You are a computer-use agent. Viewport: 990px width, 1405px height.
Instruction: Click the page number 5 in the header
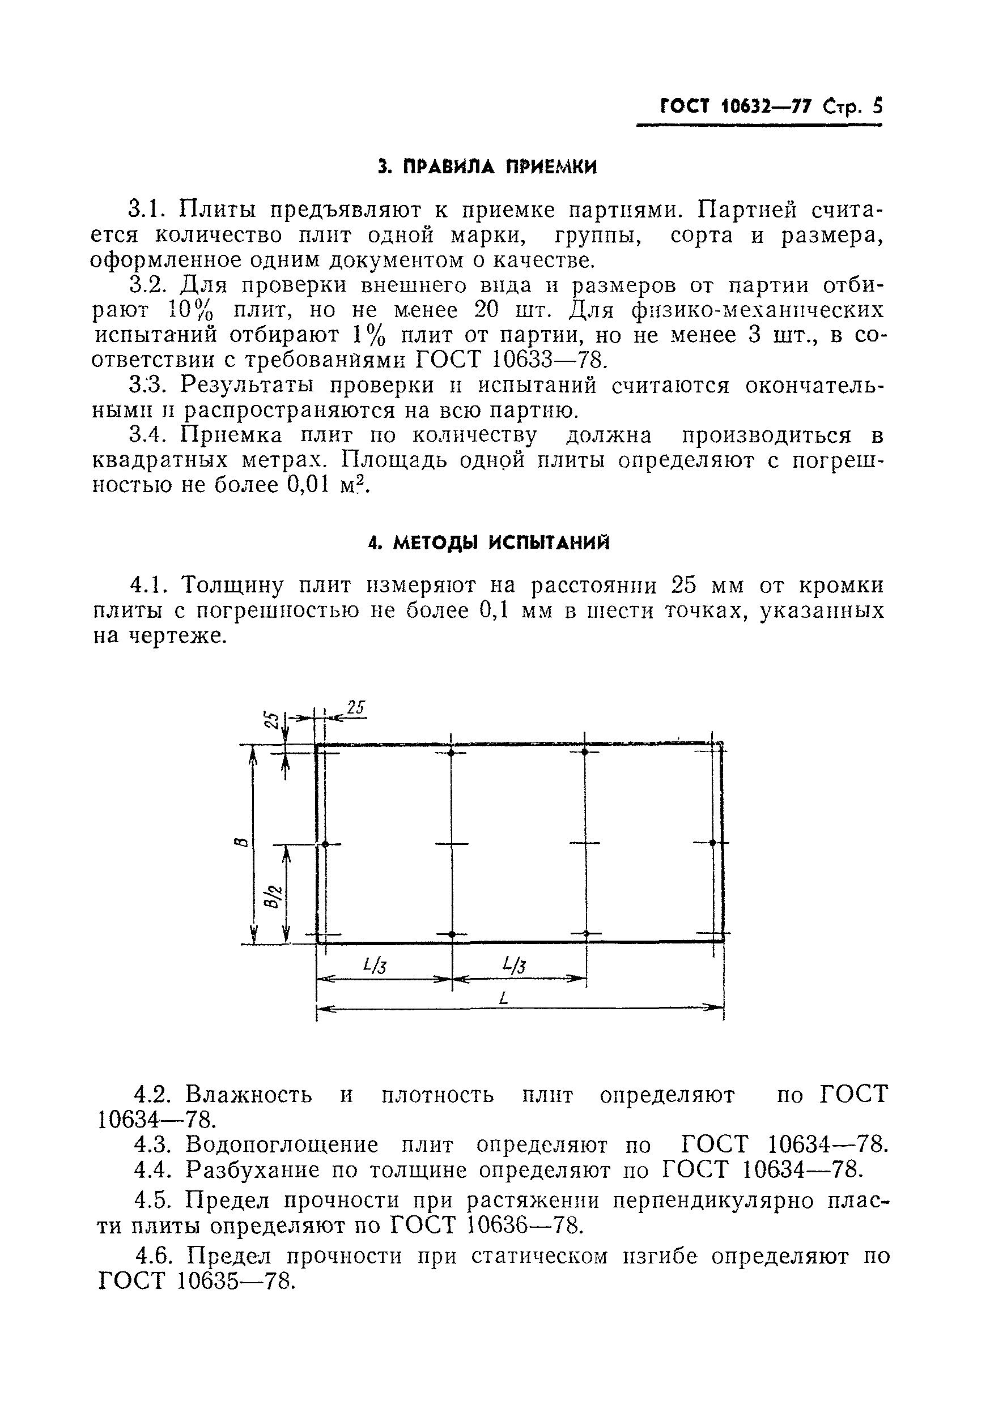pos(877,107)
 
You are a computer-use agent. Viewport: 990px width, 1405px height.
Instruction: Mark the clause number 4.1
pos(147,586)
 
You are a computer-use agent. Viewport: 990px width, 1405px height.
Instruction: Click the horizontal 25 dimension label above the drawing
pos(356,708)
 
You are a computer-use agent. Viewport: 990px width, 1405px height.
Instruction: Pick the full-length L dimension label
pos(503,998)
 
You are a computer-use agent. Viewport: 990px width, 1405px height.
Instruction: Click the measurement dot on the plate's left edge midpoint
pos(325,844)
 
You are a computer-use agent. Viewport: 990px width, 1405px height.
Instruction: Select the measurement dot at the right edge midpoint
pos(713,843)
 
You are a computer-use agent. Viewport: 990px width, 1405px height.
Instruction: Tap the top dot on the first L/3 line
pos(451,753)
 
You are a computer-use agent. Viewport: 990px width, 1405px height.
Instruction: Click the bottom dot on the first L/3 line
pos(452,934)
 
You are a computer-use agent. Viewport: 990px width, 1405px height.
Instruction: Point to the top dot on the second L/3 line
pos(585,751)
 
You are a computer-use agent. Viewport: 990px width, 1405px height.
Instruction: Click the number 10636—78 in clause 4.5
pos(523,1226)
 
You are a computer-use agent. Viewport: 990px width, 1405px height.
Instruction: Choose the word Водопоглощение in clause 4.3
pos(282,1145)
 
